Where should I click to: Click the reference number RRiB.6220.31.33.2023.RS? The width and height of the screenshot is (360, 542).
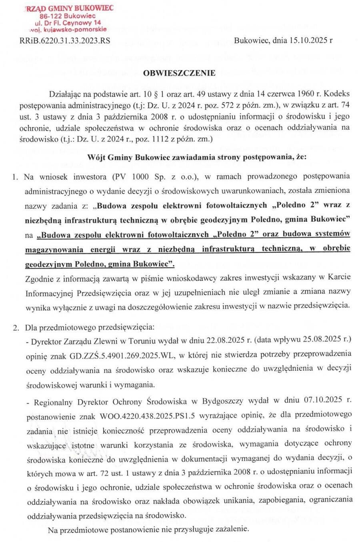tap(65, 40)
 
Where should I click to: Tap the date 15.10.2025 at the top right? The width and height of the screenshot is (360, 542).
tap(304, 40)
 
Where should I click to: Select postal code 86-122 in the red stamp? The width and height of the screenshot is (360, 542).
tap(52, 16)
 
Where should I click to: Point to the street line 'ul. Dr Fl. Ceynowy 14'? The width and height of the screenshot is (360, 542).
tap(68, 23)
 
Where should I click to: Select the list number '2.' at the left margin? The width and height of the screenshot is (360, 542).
tap(16, 328)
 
